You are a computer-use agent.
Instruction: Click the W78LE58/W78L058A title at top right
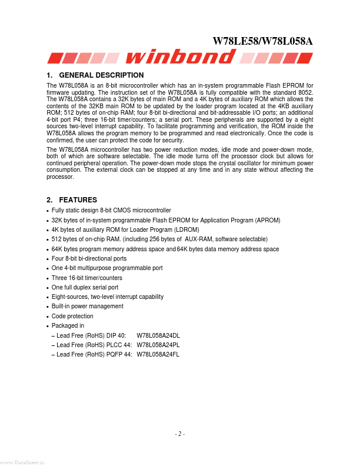[x=262, y=41]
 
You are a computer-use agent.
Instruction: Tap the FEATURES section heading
[x=79, y=200]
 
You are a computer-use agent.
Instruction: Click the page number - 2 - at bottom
[x=180, y=434]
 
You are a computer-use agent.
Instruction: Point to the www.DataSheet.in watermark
[x=22, y=462]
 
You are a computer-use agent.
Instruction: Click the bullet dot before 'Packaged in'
[x=47, y=327]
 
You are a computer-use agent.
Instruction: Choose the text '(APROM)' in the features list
[x=268, y=220]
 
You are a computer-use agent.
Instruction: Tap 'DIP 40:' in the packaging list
[x=116, y=335]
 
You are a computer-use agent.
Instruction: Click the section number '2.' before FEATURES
[x=49, y=200]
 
